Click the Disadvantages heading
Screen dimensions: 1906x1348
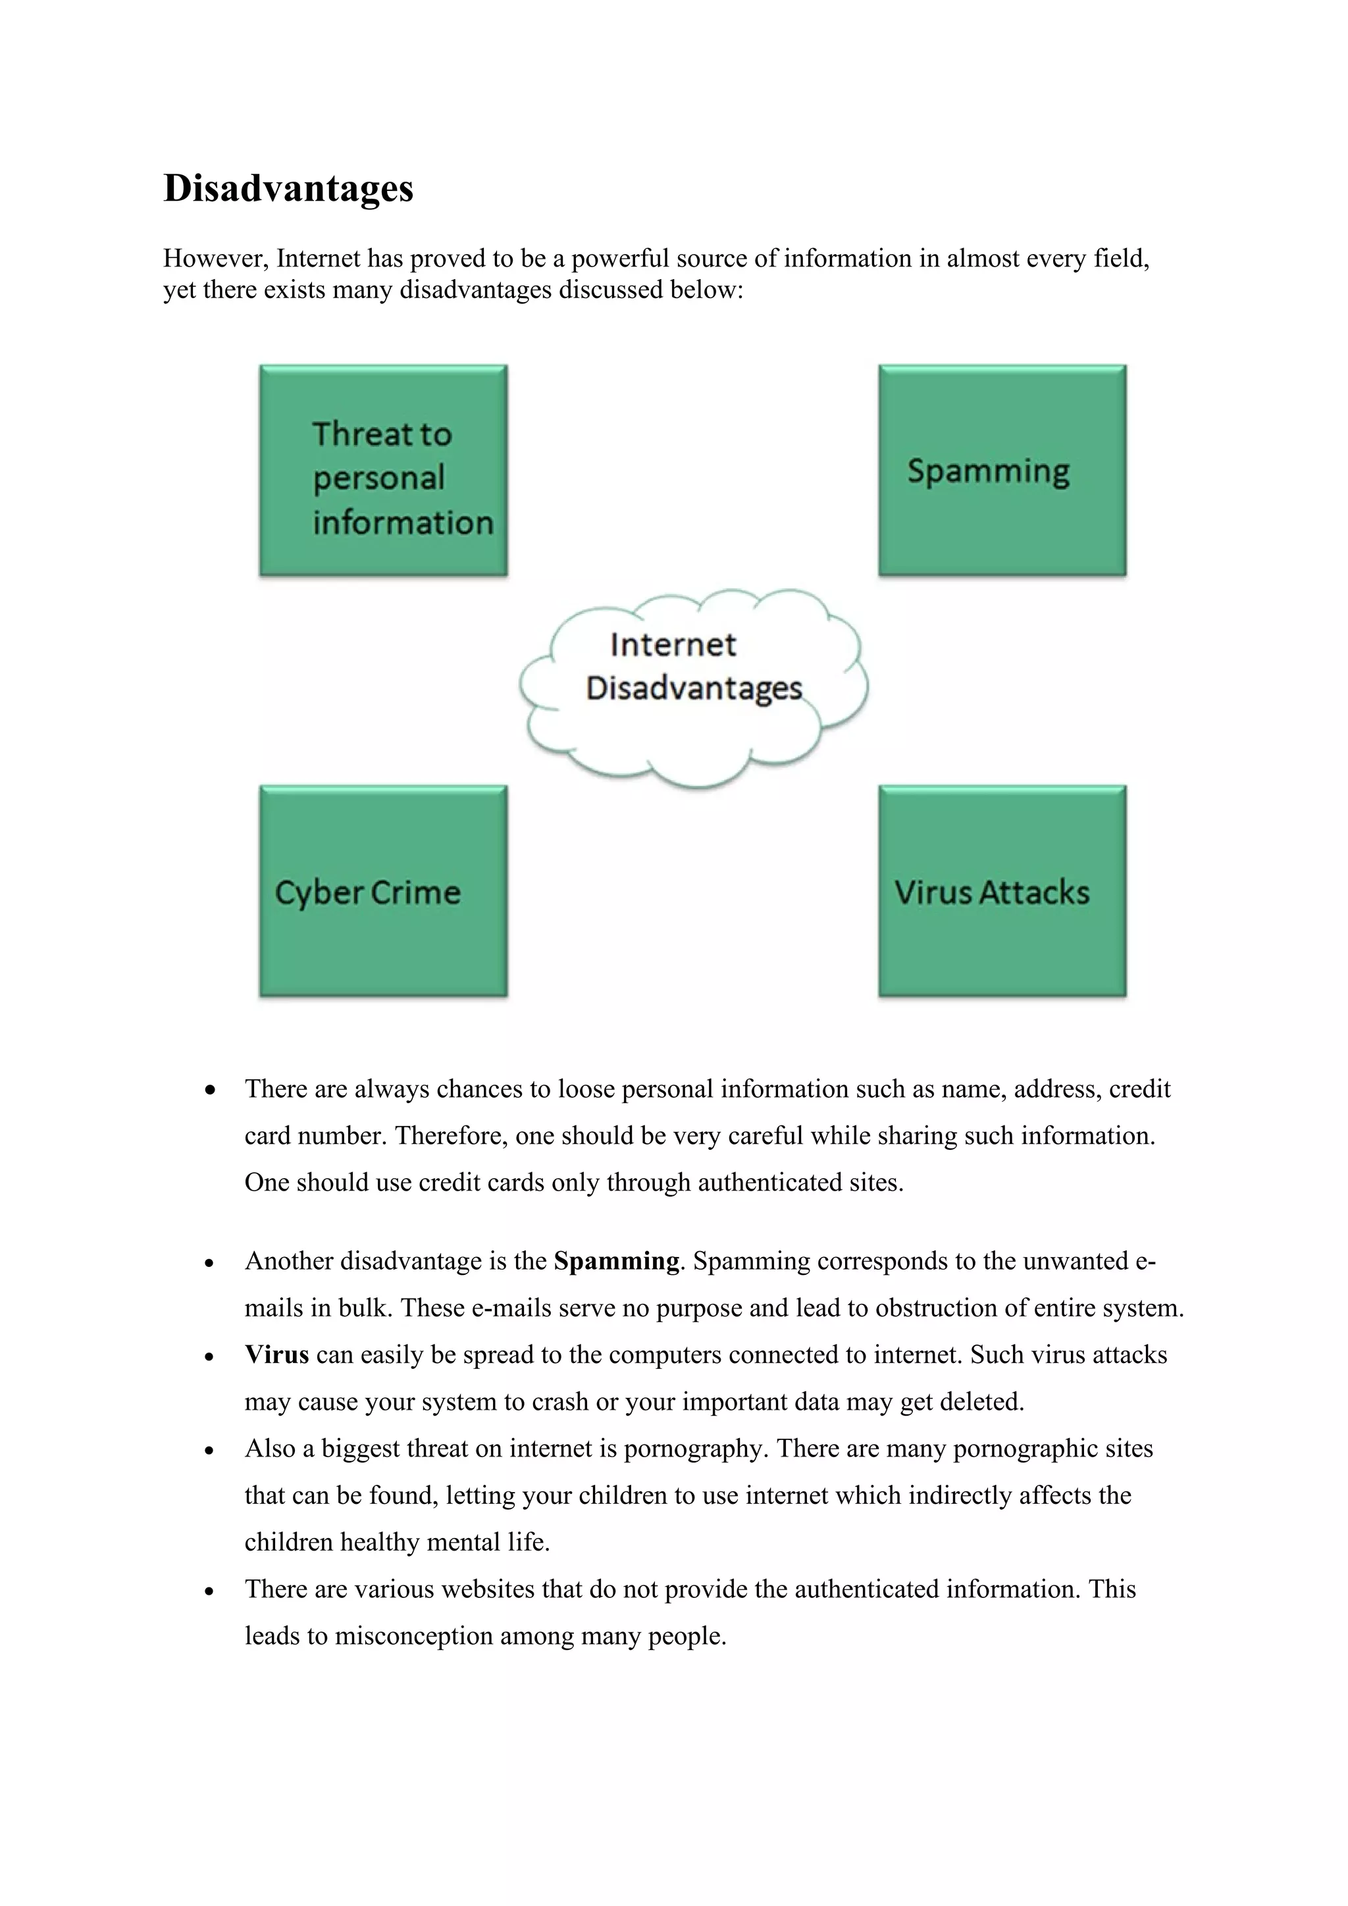coord(288,188)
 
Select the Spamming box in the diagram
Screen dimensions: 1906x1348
coord(1002,471)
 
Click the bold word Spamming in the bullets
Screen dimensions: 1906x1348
coord(616,1261)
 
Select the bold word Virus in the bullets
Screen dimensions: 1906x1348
coord(276,1354)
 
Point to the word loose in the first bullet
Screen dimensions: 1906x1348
coord(586,1089)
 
